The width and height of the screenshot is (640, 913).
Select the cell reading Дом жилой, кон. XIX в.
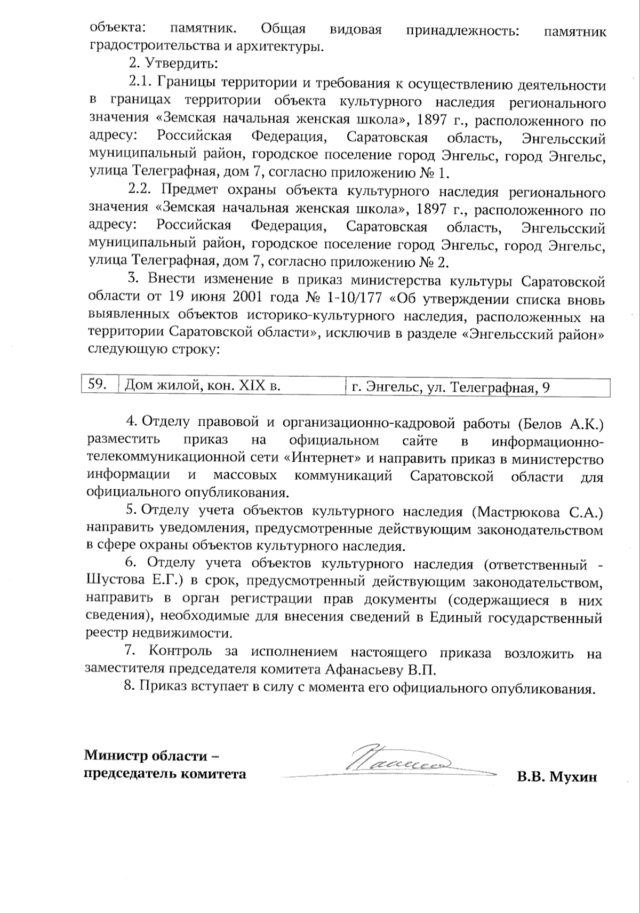coord(203,385)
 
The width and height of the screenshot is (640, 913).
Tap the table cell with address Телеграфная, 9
coord(451,387)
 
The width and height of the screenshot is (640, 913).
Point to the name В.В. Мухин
coord(556,776)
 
